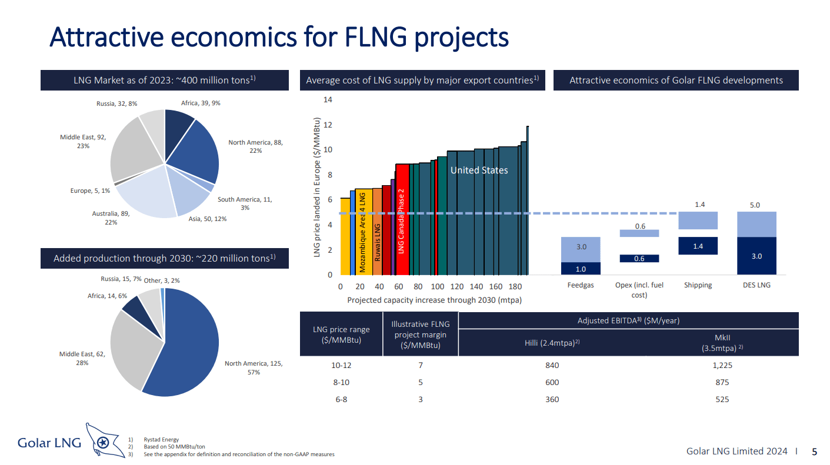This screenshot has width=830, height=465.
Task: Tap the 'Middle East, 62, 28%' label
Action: (x=82, y=359)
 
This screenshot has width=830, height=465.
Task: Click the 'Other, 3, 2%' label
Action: (x=162, y=280)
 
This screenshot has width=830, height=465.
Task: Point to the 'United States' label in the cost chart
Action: (x=479, y=170)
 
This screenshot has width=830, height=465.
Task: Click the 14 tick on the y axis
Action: (x=328, y=100)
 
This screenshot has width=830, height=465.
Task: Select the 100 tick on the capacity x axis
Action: (x=438, y=287)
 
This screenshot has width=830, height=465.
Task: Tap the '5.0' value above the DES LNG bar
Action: (x=755, y=205)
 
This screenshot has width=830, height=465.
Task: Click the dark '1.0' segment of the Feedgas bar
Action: (x=581, y=269)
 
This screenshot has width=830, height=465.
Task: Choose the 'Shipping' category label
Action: (x=698, y=285)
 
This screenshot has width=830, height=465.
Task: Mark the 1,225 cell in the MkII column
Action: (x=722, y=365)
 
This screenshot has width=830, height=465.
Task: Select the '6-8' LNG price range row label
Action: (x=342, y=399)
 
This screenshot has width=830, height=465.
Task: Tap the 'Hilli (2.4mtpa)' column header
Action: (x=551, y=343)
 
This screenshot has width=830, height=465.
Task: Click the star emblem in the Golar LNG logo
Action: (x=103, y=443)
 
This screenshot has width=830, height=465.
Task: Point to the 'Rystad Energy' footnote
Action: (x=161, y=440)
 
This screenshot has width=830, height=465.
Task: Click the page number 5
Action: (x=814, y=452)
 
